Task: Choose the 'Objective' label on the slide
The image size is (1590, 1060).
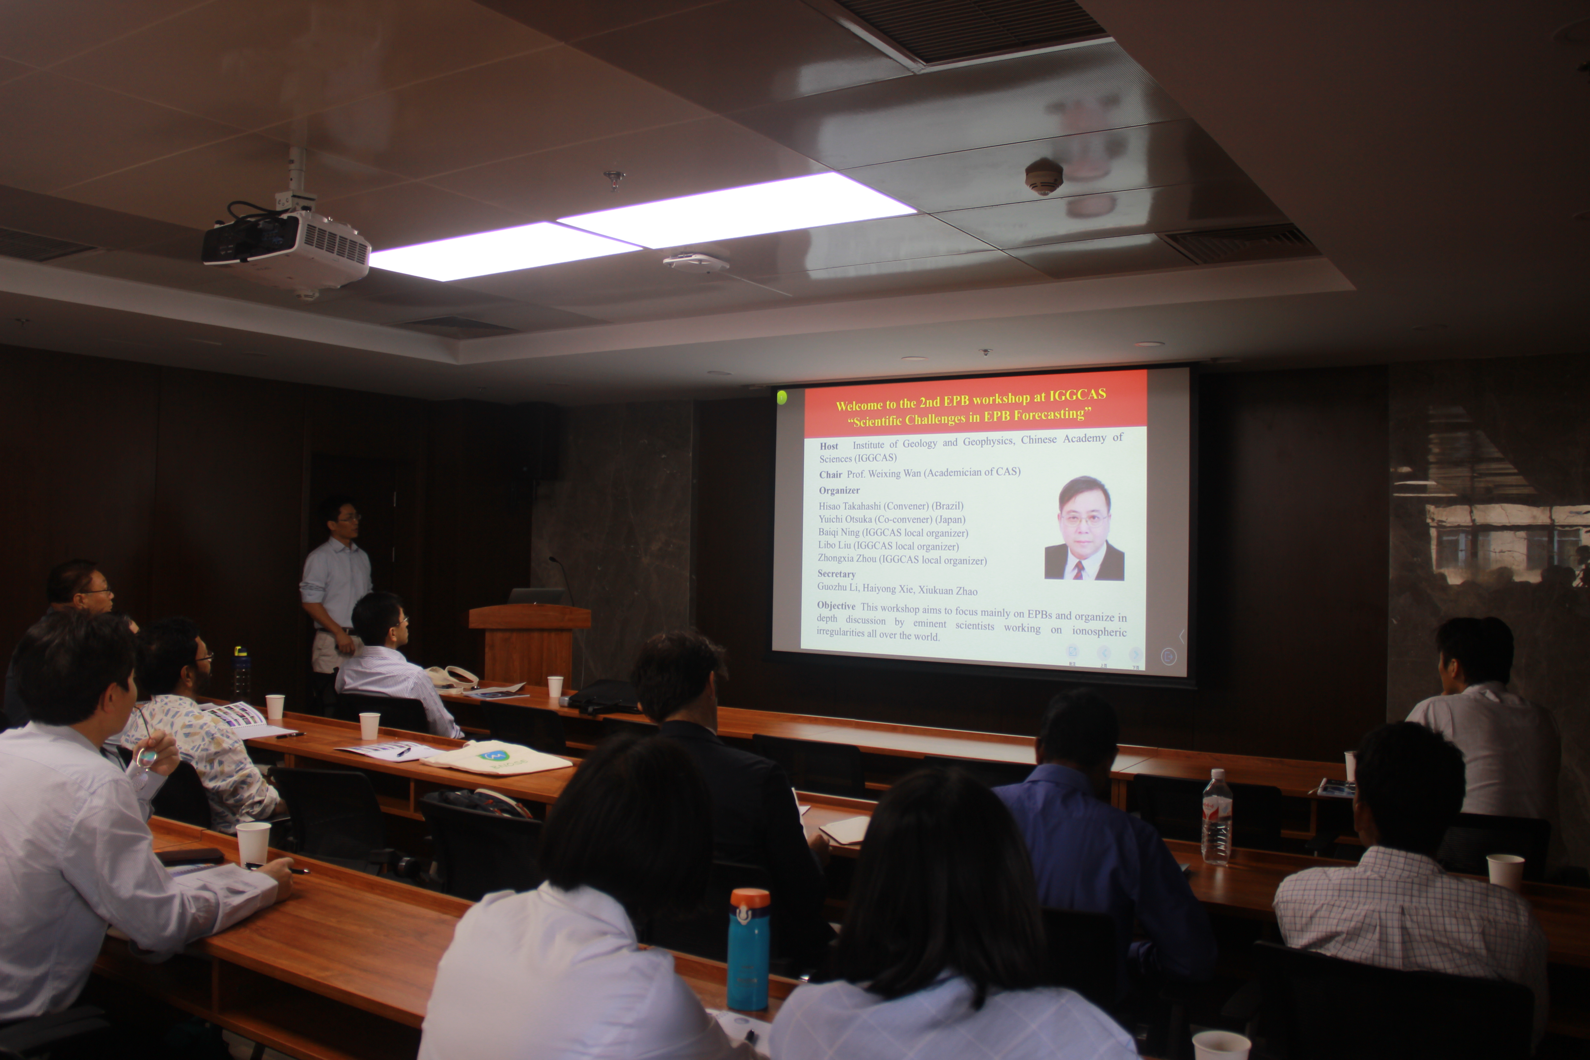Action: [836, 606]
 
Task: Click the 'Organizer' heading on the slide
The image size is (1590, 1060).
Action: [839, 491]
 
